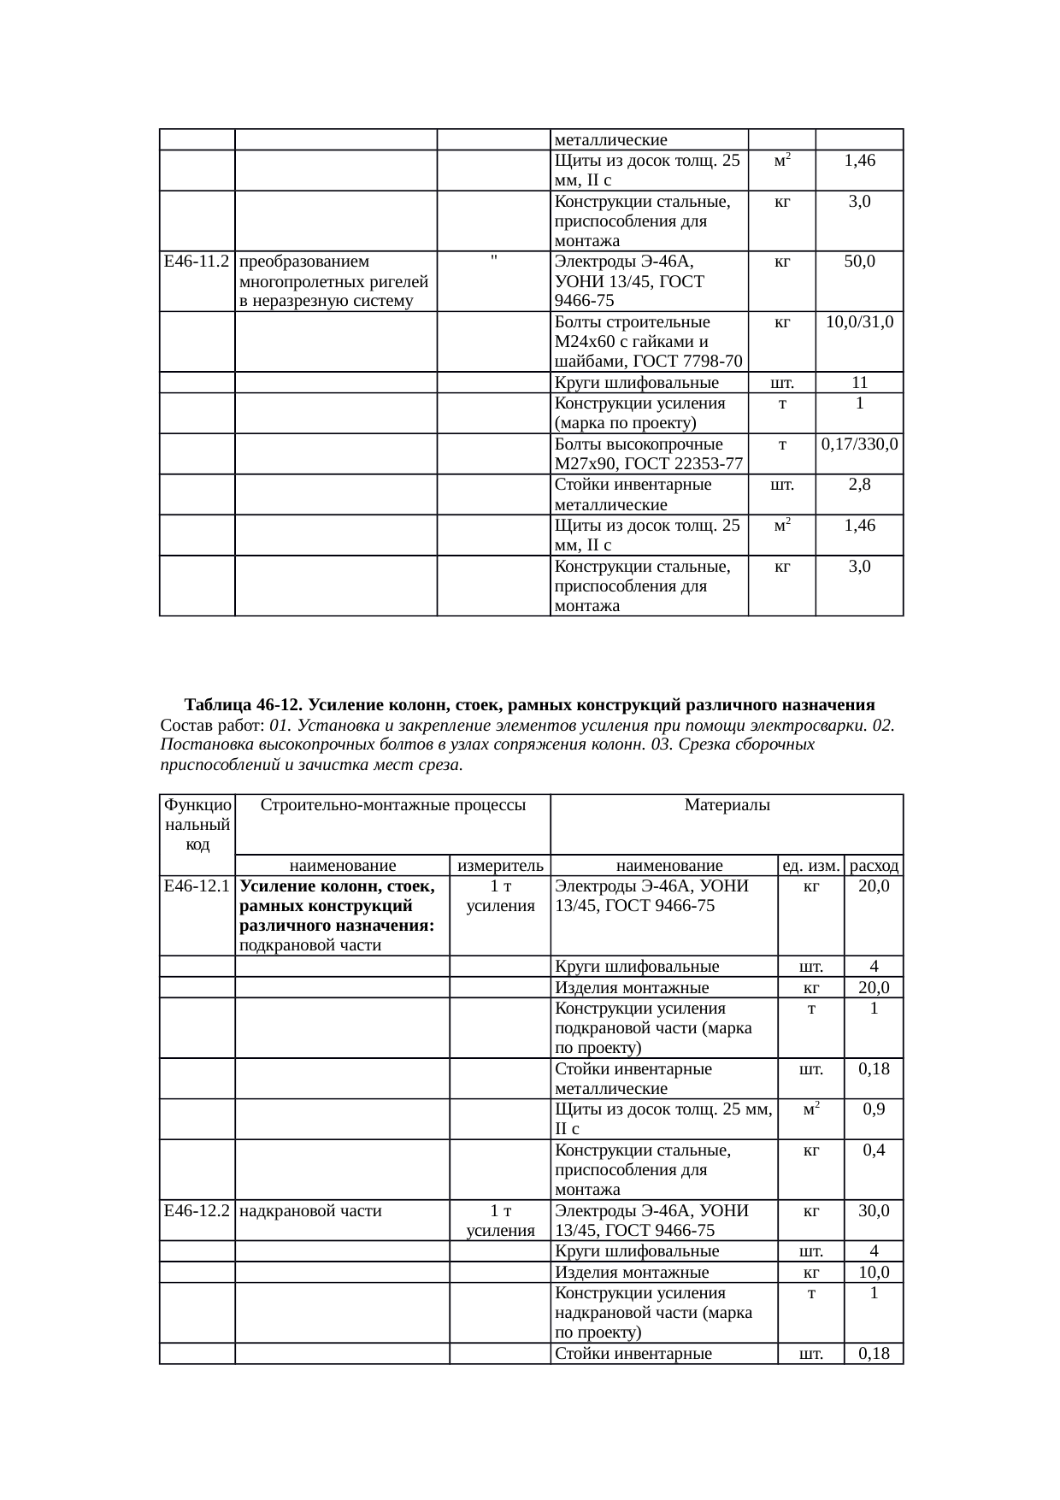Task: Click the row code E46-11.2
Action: [x=197, y=262]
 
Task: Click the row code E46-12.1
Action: [x=197, y=886]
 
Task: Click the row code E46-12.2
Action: [x=197, y=1210]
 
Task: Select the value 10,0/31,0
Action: [x=859, y=322]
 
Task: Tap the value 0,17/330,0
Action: [x=859, y=444]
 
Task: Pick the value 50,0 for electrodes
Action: [x=859, y=262]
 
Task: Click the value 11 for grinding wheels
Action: [x=859, y=383]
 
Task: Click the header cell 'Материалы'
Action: [x=727, y=805]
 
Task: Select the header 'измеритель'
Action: [x=500, y=865]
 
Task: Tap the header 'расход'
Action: [x=874, y=865]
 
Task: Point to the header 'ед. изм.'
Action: [x=811, y=865]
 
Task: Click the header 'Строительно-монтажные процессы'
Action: [x=392, y=805]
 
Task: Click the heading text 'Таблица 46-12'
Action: [x=243, y=705]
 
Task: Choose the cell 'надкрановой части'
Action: [x=310, y=1210]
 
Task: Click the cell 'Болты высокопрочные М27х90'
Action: [x=648, y=454]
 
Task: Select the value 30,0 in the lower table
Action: [x=874, y=1210]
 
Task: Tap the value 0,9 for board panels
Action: [x=874, y=1109]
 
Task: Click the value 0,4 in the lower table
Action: [x=874, y=1150]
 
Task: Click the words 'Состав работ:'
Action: [x=212, y=726]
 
